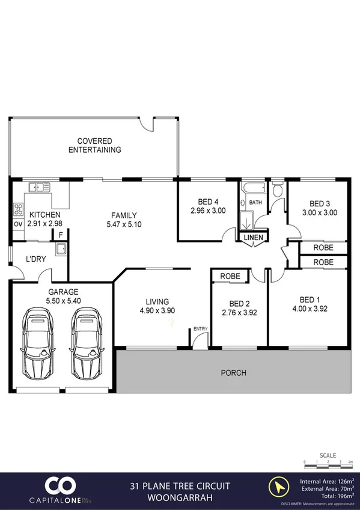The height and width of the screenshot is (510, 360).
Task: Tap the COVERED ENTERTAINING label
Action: [95, 146]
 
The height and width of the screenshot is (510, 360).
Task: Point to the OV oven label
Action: [17, 224]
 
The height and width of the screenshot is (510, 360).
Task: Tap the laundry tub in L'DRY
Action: [61, 248]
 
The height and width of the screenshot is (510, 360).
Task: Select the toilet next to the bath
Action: [277, 190]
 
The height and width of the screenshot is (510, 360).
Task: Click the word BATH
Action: [255, 203]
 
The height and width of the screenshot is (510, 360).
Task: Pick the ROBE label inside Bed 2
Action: [230, 276]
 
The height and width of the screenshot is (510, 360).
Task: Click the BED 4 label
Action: [208, 202]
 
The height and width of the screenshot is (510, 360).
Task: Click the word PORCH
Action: [234, 373]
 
